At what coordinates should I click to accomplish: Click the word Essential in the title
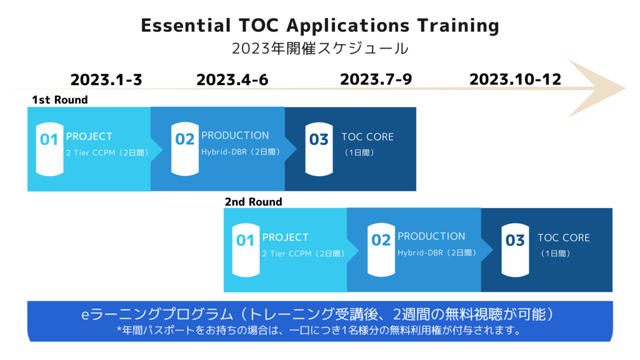coord(186,25)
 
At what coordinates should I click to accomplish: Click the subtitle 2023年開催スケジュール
coord(320,49)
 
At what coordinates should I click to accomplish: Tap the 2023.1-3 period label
coord(106,79)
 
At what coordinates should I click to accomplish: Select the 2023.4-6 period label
coord(232,79)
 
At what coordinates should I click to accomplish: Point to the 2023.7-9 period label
coord(376,79)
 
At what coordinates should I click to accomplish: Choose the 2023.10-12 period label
coord(515,79)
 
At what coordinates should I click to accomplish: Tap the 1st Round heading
coord(60,100)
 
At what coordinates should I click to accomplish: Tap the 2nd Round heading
coord(254,202)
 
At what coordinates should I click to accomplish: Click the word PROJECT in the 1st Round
coord(89,136)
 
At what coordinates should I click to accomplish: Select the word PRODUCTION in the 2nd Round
coord(431,236)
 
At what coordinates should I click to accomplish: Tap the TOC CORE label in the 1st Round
coord(367,137)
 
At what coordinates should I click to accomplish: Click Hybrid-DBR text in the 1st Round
coord(224,152)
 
